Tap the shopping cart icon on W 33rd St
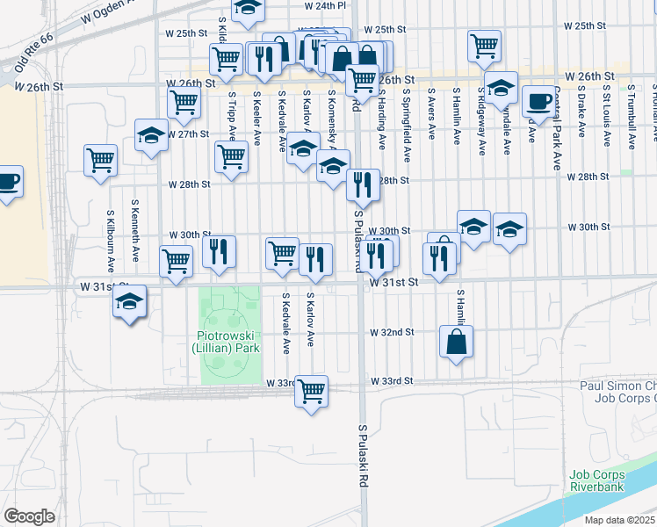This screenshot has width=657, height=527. [x=311, y=390]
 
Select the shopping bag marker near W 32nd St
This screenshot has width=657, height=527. [x=457, y=341]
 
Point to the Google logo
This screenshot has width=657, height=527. [x=29, y=516]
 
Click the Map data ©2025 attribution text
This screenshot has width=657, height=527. [x=618, y=520]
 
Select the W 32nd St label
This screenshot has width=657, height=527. [x=392, y=334]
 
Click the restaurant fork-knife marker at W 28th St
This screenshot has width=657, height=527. [x=362, y=184]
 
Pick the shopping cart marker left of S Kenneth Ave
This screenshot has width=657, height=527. [x=101, y=160]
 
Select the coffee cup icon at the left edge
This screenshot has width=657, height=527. [x=8, y=182]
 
